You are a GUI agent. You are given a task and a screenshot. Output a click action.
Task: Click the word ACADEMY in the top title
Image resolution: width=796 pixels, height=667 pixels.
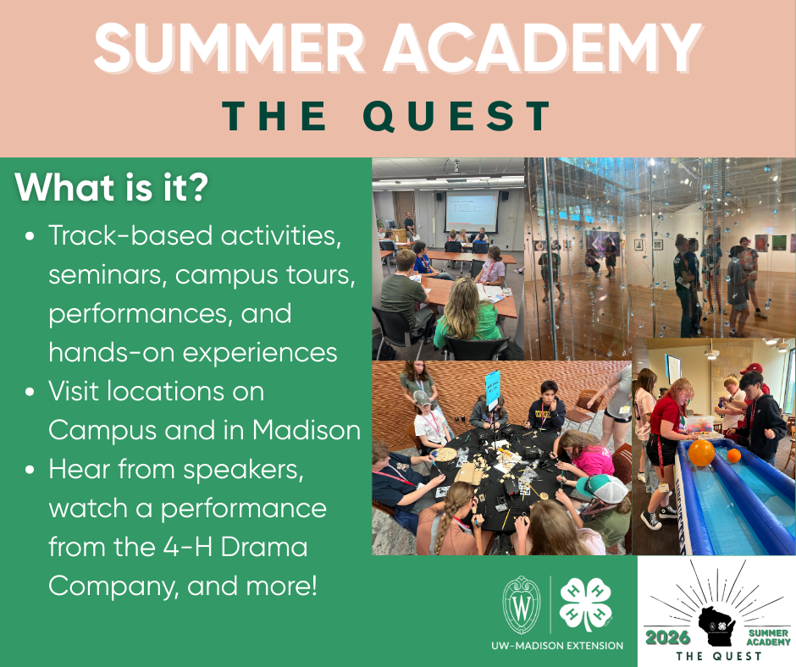point(542,48)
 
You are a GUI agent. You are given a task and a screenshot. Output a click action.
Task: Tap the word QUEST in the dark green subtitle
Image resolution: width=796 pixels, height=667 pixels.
point(458,116)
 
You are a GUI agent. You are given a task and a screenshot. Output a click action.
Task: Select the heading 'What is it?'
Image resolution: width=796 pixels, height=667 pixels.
point(112,188)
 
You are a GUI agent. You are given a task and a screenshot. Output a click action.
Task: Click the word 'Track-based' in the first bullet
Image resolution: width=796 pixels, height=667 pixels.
point(130,235)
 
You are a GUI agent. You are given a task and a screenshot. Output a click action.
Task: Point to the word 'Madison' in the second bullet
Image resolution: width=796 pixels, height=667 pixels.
point(307,430)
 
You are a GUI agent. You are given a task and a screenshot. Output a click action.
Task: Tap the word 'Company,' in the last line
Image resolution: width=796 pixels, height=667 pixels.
point(113,587)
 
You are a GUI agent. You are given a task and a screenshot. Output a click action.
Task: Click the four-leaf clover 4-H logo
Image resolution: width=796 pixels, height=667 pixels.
point(585,605)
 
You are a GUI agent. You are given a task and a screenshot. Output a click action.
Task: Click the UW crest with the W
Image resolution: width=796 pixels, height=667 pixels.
point(522,605)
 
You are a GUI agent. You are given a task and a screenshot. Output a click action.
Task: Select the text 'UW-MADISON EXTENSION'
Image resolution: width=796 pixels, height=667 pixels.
point(557,646)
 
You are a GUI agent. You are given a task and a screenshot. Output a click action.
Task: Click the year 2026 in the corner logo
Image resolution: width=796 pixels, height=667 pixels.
point(667,637)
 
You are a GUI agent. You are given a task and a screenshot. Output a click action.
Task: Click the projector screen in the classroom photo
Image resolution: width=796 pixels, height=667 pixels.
point(471,212)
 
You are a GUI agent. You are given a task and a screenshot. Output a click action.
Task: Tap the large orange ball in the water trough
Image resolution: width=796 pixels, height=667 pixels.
point(701,453)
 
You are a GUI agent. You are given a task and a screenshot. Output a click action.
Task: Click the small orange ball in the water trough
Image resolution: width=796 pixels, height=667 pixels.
point(733,455)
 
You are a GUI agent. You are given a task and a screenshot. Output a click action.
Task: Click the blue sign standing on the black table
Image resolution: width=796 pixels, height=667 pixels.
point(493,389)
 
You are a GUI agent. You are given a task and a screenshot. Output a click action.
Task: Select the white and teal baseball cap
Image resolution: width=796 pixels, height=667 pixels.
point(603,488)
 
